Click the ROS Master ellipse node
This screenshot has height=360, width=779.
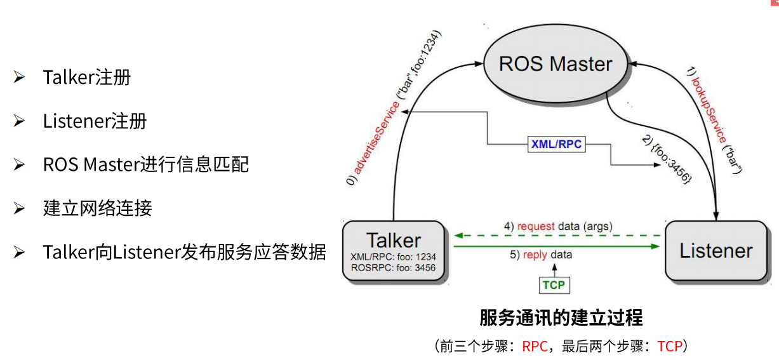click(556, 63)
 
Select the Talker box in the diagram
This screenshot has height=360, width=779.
click(393, 251)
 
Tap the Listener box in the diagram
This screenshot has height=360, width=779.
click(716, 250)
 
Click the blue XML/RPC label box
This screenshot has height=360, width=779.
click(556, 144)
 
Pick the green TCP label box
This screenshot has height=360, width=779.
click(553, 285)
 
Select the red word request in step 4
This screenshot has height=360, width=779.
click(536, 226)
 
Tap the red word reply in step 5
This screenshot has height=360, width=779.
click(535, 255)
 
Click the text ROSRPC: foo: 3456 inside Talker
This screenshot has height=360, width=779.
click(393, 268)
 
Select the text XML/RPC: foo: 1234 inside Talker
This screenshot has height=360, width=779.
click(393, 257)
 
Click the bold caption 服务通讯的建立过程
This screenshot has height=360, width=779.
click(561, 317)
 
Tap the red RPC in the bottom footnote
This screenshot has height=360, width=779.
click(535, 346)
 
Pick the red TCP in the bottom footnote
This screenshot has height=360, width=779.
click(669, 346)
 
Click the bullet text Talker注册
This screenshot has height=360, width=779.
click(87, 77)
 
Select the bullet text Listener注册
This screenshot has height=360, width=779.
click(95, 121)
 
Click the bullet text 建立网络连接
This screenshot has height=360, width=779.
click(97, 208)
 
